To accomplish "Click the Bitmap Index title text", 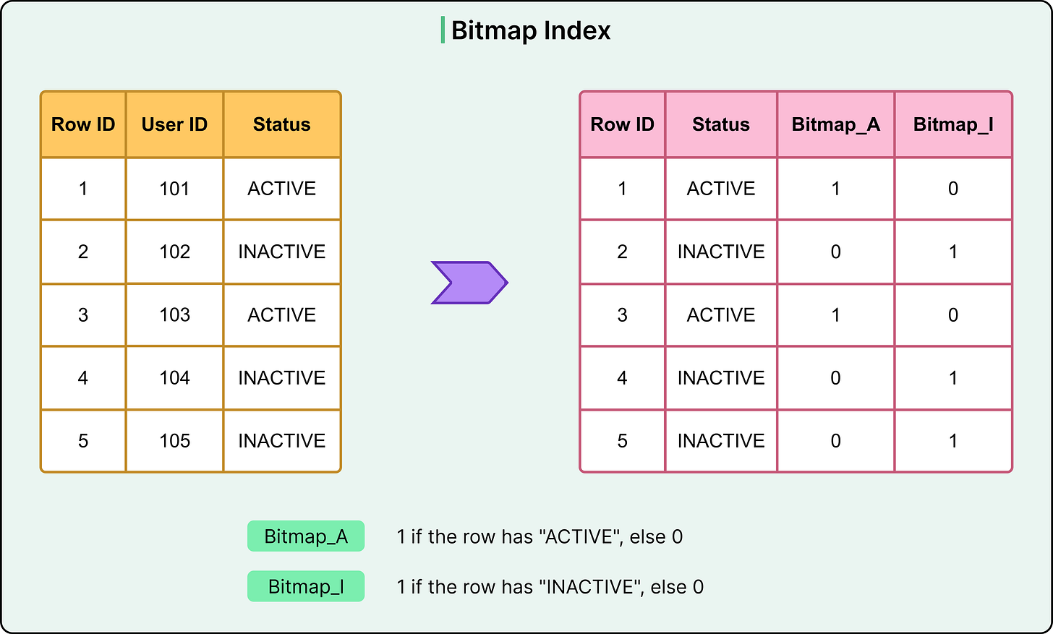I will click(x=530, y=30).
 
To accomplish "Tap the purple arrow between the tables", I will click(x=469, y=283).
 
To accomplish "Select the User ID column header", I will click(x=174, y=124).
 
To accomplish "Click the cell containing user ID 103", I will click(x=174, y=315).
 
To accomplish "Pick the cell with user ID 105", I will click(x=174, y=441).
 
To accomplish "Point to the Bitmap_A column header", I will click(x=835, y=124).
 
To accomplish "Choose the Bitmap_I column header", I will click(x=952, y=124).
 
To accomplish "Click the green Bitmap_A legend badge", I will click(x=306, y=536).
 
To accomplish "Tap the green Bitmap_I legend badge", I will click(x=306, y=586).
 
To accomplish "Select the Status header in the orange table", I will click(x=281, y=124).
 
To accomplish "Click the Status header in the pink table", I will click(x=720, y=124).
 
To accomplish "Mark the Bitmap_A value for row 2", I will click(x=835, y=252).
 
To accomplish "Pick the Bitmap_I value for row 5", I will click(x=952, y=441).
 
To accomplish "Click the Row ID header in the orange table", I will click(x=83, y=124).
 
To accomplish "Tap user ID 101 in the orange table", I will click(x=174, y=189).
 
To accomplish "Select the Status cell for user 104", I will click(x=281, y=378).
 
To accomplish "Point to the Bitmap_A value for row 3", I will click(x=835, y=315).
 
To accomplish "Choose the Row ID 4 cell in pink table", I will click(x=622, y=378).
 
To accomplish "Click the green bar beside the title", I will click(x=443, y=30).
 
